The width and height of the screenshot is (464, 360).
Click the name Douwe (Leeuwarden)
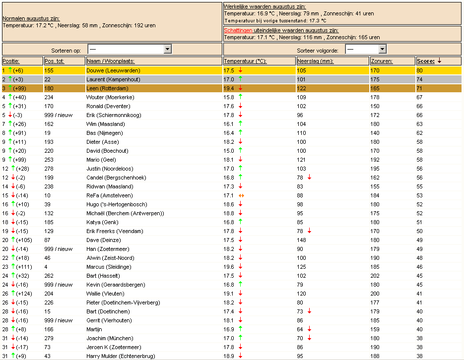(113, 70)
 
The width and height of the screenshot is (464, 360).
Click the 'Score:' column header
(425, 61)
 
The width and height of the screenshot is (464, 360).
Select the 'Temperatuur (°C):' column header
(245, 61)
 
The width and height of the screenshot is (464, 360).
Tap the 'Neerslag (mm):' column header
(315, 61)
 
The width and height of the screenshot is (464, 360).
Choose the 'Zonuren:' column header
(382, 61)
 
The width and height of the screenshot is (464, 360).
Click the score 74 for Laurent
(419, 79)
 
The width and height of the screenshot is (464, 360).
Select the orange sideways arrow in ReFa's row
(241, 195)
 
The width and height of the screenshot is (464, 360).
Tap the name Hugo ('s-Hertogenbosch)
(117, 204)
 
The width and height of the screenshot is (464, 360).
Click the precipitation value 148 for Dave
(302, 240)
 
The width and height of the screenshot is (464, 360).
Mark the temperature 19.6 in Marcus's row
(229, 267)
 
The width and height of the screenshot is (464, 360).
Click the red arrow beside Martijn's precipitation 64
(309, 329)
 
